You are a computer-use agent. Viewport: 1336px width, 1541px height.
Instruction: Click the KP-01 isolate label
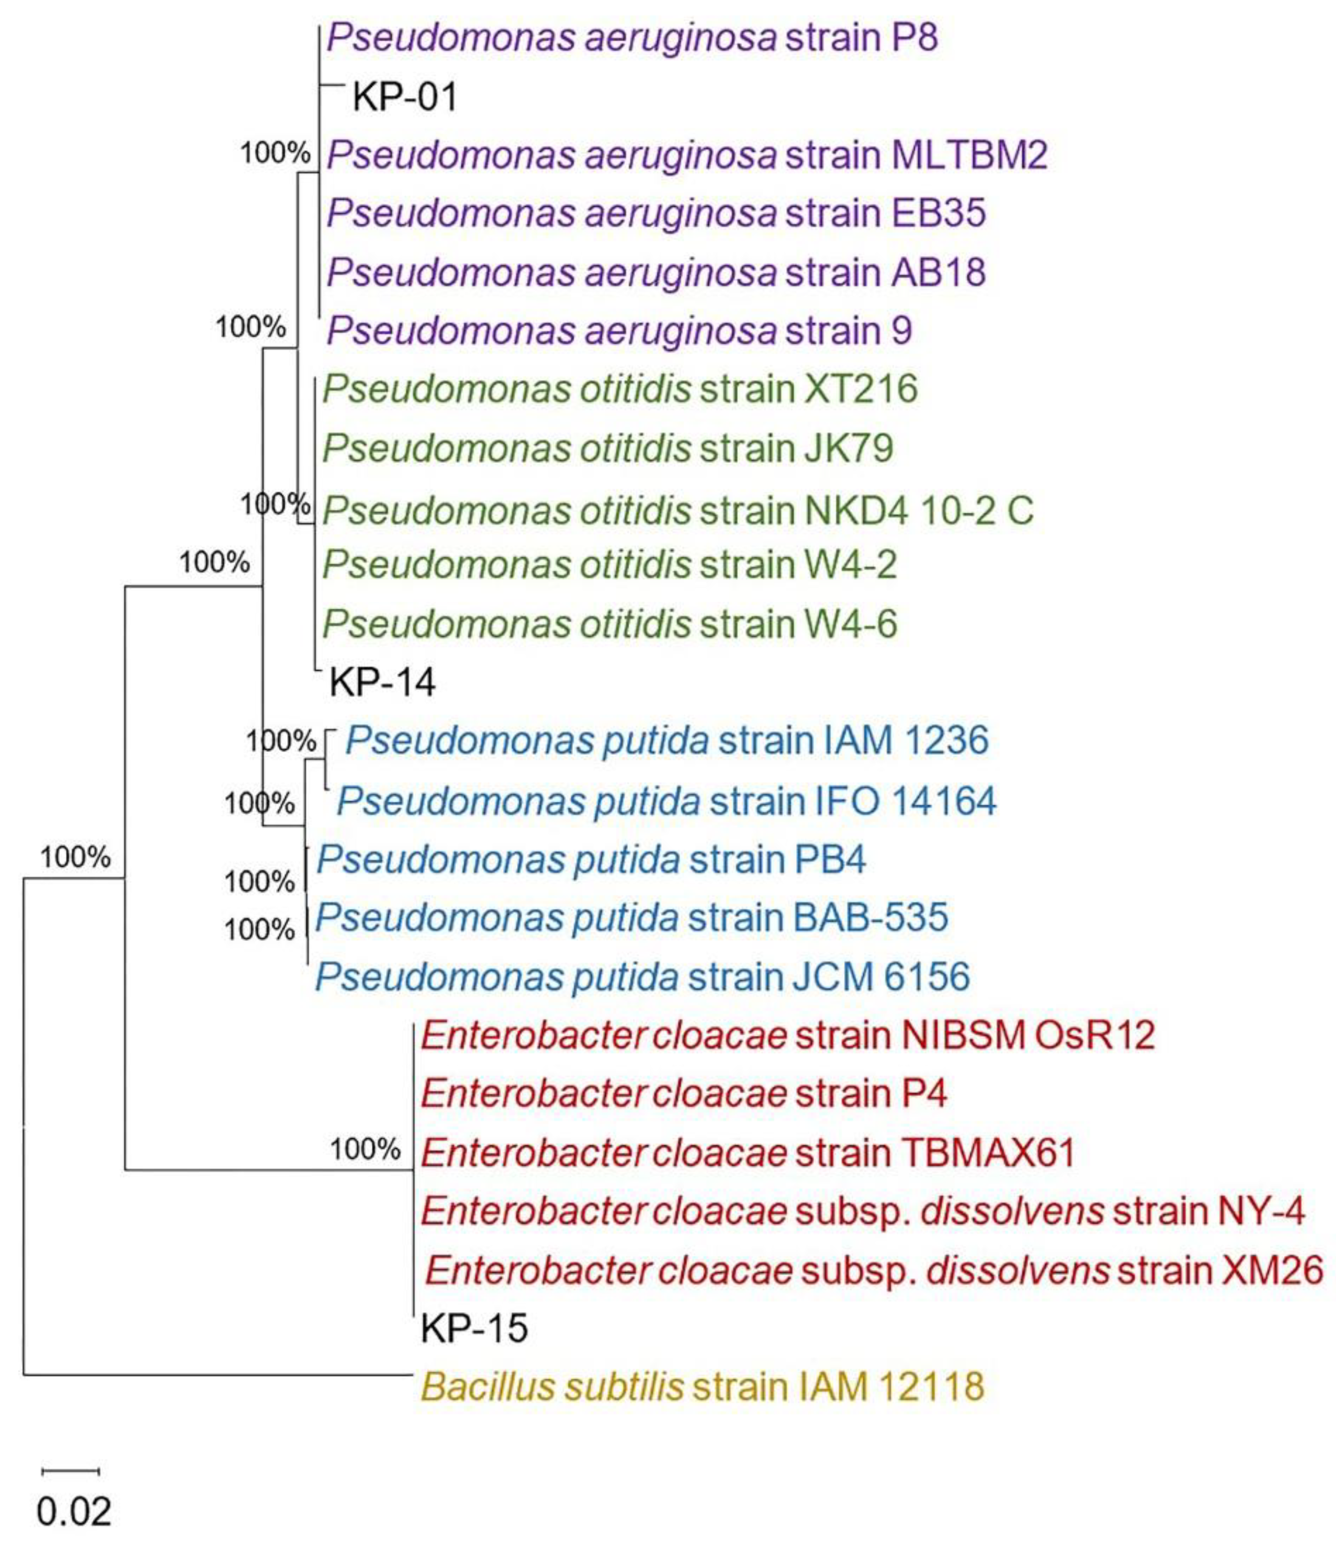[404, 97]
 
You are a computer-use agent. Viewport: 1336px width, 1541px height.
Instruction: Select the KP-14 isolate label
[382, 682]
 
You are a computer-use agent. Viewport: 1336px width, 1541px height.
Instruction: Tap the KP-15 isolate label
[474, 1349]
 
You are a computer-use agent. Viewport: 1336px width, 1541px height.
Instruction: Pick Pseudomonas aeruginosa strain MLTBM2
[687, 155]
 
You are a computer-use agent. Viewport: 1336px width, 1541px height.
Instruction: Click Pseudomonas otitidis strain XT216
[619, 389]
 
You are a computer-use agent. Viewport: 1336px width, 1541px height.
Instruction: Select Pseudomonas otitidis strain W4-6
[609, 624]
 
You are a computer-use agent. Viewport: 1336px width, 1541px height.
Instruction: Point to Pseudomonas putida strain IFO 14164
[666, 801]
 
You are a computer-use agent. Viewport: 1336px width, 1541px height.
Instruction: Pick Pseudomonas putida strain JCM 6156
[642, 977]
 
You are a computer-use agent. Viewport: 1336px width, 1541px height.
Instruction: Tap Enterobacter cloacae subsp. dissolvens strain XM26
[874, 1270]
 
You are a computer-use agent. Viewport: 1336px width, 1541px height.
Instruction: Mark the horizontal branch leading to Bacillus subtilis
[216, 1374]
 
